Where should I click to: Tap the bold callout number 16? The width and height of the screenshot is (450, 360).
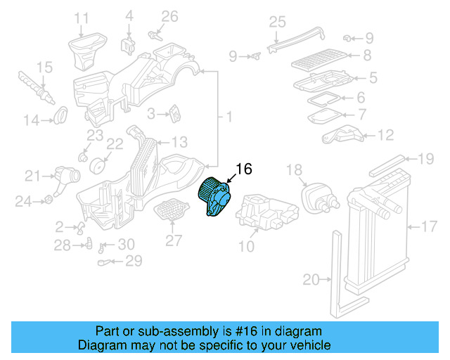click(243, 169)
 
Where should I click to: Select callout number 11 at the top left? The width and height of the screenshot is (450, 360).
click(82, 18)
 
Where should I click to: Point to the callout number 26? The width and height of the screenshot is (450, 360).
click(170, 16)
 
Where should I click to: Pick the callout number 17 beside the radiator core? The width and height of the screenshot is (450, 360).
click(429, 226)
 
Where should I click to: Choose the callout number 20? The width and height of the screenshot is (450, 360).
click(311, 280)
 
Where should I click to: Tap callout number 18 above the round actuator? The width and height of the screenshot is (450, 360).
click(294, 170)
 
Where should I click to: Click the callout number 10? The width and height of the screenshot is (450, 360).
click(246, 246)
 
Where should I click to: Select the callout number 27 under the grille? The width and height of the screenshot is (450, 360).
click(174, 240)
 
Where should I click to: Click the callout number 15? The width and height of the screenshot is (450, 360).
click(44, 67)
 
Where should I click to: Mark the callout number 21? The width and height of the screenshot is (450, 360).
click(33, 176)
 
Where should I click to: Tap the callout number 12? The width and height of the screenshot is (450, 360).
click(386, 135)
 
